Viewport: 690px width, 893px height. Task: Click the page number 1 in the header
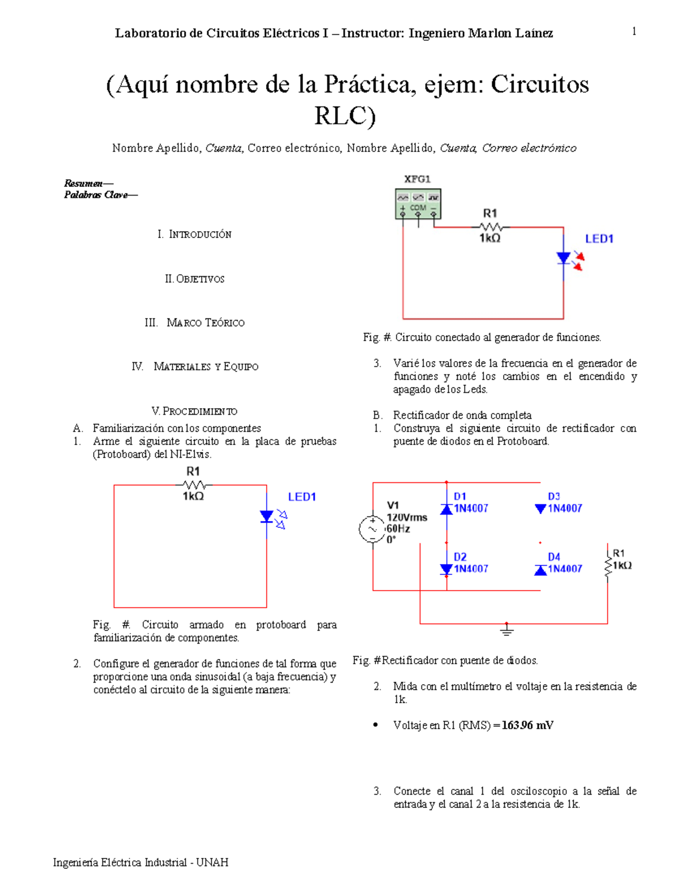click(x=634, y=32)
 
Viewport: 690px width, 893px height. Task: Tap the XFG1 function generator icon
click(x=418, y=204)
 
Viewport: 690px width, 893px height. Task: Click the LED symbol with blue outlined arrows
click(x=267, y=516)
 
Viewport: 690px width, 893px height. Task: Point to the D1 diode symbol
click(x=446, y=509)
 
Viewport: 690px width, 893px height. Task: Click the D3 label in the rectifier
click(x=554, y=496)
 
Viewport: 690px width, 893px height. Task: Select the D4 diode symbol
click(x=540, y=570)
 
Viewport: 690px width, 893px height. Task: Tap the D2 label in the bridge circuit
click(x=460, y=557)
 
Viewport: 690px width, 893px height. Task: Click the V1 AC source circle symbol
click(x=372, y=529)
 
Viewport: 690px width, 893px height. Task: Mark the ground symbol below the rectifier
click(x=507, y=631)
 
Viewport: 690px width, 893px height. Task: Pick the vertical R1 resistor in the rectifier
click(x=608, y=565)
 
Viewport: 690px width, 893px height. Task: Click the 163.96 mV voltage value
click(x=527, y=725)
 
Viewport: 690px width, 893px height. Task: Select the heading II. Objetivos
click(x=194, y=279)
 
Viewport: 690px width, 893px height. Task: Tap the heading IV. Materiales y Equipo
click(x=195, y=367)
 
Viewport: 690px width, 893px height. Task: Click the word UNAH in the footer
click(x=212, y=863)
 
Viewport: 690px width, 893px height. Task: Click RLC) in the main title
click(x=344, y=116)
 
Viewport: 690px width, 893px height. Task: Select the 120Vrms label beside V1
click(x=407, y=518)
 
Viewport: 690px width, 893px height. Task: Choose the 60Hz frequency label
click(x=398, y=528)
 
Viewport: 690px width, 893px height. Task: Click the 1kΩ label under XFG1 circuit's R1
click(x=490, y=238)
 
